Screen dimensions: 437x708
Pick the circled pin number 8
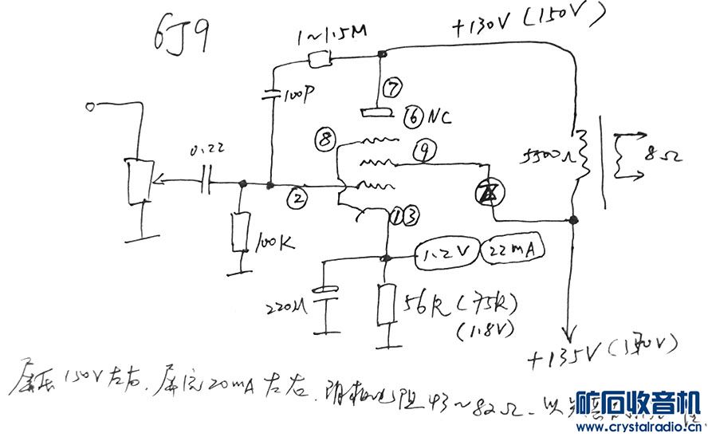324,139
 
